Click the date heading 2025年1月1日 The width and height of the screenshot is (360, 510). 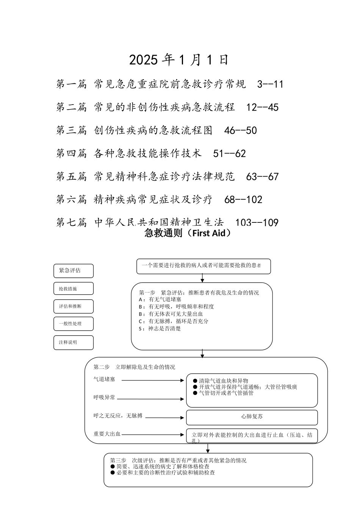coord(179,60)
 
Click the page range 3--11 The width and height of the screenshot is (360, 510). coord(270,84)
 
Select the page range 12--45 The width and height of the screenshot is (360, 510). coord(262,107)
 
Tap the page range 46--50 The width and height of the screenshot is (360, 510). coord(241,131)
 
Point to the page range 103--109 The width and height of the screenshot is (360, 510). coord(257,223)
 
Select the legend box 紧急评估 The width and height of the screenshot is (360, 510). coord(74,271)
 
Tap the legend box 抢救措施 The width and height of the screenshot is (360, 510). coord(74,289)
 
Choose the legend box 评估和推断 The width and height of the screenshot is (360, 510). coord(74,306)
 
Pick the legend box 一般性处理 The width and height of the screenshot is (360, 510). coord(74,324)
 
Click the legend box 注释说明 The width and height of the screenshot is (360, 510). coord(74,342)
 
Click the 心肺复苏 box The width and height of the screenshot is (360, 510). coord(252,417)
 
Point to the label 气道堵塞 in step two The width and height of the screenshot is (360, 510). coord(104,379)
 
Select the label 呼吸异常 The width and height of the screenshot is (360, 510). coord(104,397)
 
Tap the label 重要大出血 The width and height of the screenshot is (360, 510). coord(107,434)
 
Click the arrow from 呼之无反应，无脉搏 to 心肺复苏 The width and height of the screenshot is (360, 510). coord(165,418)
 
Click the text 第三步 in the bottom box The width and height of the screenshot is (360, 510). coord(118,460)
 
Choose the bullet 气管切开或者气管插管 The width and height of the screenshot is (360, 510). coord(226,393)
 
